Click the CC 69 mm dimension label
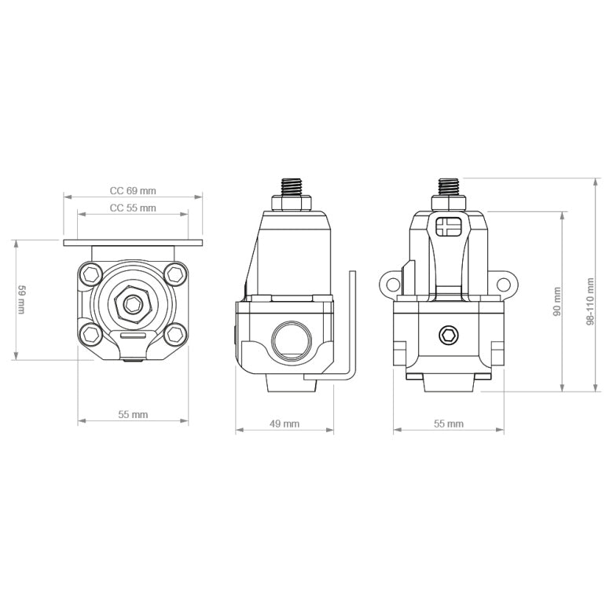click(x=133, y=190)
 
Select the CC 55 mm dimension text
click(x=133, y=208)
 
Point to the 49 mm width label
click(x=284, y=424)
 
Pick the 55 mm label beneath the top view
click(x=133, y=414)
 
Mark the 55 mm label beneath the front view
click(x=449, y=424)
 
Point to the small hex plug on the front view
click(x=448, y=336)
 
